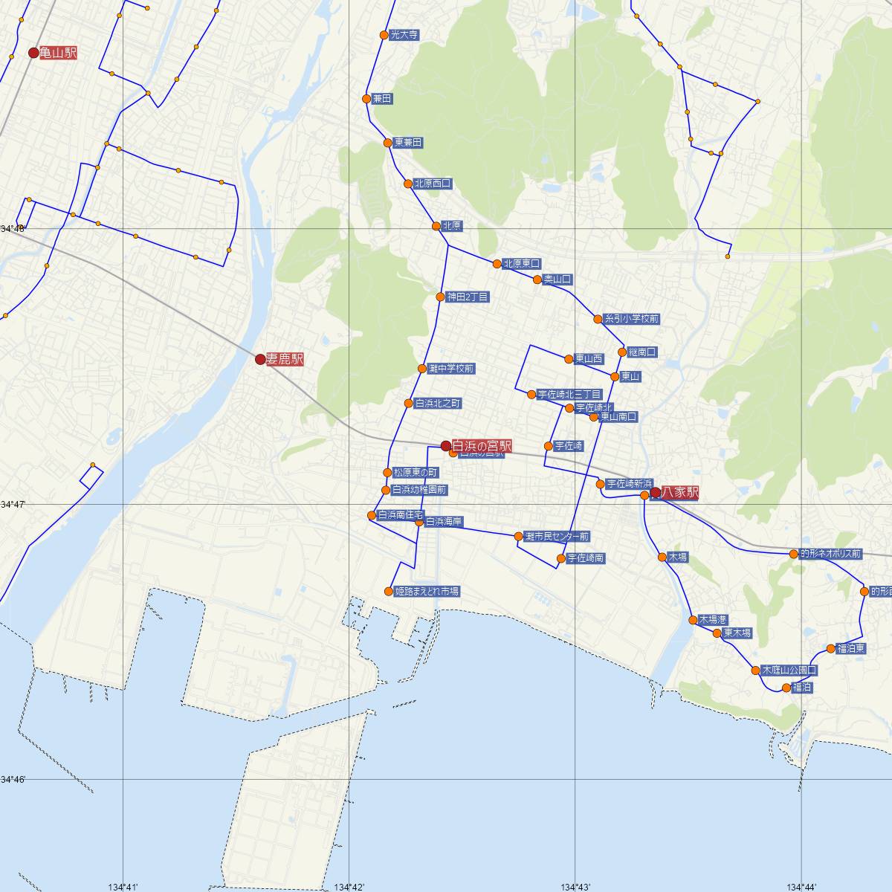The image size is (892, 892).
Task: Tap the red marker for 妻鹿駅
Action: click(x=260, y=360)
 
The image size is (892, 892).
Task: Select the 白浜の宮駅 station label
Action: click(x=482, y=446)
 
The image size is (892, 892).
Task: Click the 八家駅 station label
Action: click(x=679, y=492)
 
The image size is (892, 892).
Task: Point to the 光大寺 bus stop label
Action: click(x=404, y=35)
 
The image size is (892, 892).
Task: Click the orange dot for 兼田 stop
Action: click(x=366, y=99)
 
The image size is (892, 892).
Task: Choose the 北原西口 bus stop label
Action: click(x=433, y=183)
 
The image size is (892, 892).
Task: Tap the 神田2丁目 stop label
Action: click(x=468, y=297)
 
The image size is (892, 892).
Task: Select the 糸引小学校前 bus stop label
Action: click(x=631, y=319)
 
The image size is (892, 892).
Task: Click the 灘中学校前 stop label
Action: click(x=451, y=369)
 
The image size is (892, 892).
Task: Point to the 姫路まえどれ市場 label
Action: click(x=427, y=592)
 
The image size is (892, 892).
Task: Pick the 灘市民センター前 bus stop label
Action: click(x=556, y=536)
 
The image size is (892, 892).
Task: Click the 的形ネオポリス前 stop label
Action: click(x=830, y=554)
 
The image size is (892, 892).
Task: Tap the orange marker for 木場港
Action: click(x=692, y=619)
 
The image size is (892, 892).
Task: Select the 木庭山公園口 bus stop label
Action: click(x=789, y=670)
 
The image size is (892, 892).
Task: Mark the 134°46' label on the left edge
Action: click(x=13, y=779)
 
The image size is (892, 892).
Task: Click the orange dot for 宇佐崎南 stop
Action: click(x=561, y=558)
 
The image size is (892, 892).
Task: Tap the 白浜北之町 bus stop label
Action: click(x=438, y=403)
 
